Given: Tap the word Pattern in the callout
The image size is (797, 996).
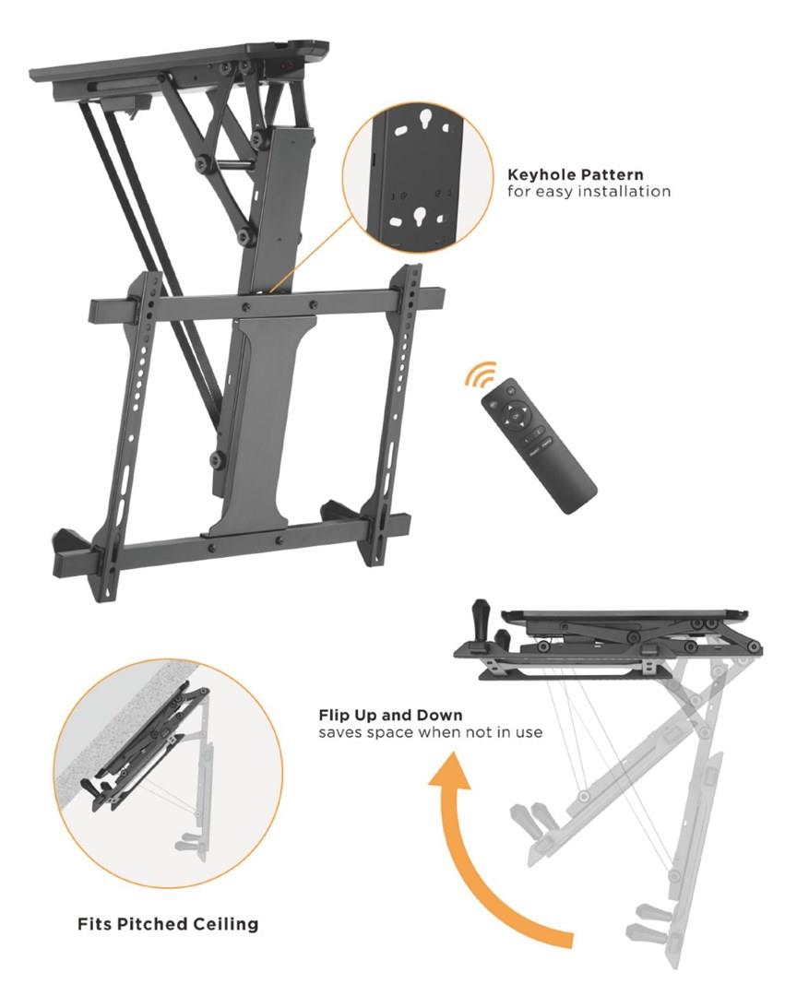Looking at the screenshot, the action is [613, 174].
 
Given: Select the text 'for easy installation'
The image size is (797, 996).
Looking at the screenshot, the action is [589, 192].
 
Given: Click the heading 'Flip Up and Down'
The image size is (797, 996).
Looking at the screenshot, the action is [391, 716].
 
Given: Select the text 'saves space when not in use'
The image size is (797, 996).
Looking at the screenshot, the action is [430, 732].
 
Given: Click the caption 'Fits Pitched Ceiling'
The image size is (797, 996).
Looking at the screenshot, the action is [168, 923].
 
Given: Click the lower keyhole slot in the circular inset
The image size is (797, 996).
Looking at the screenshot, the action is [419, 216].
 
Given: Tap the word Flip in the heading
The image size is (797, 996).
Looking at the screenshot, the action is [334, 716].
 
